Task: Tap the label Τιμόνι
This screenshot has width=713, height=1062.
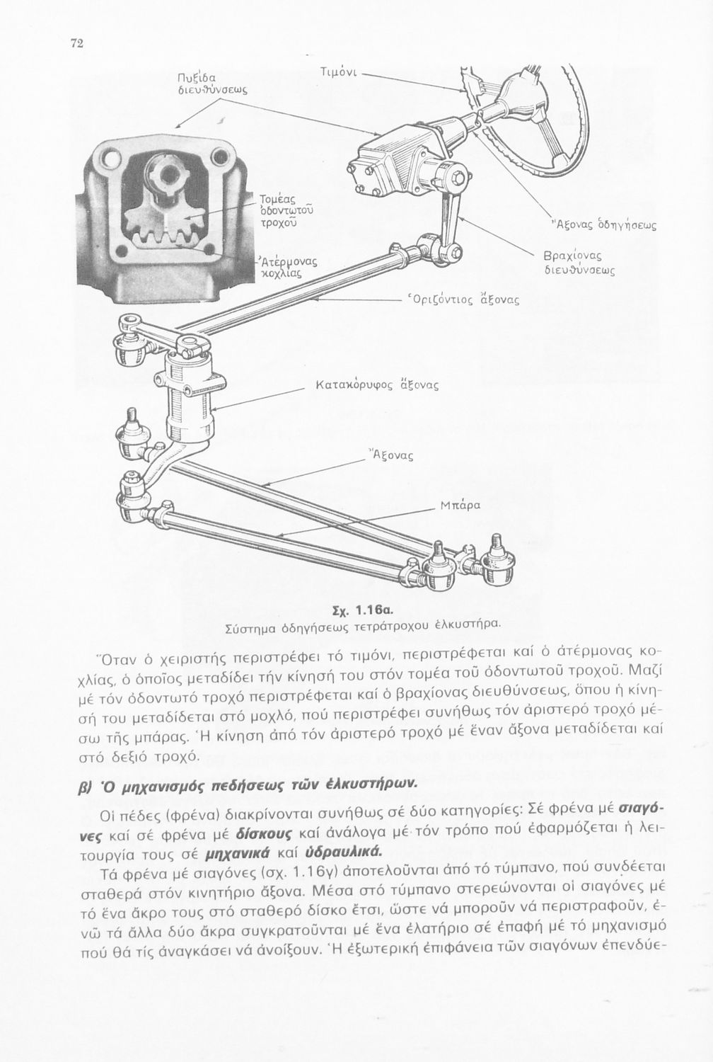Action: (342, 72)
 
